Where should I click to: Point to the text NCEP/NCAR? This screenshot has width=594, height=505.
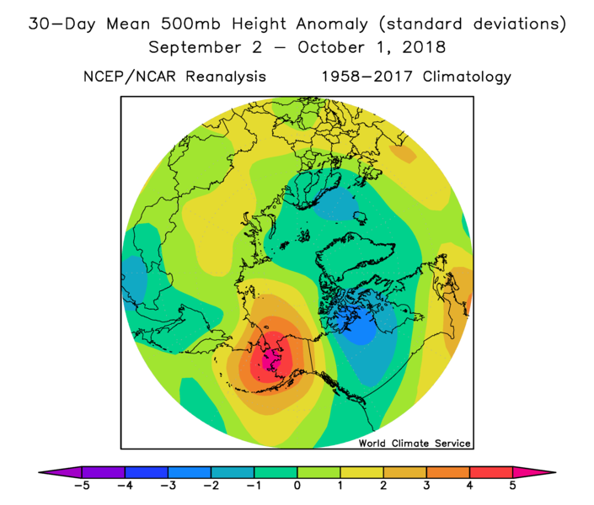[128, 77]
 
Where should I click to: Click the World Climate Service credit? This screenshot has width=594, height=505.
[415, 443]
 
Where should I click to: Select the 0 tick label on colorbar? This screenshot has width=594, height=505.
[297, 486]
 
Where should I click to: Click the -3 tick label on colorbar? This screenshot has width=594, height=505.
[167, 486]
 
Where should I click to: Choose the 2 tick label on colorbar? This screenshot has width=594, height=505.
[383, 486]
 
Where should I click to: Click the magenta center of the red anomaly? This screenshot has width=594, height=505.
[272, 362]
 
